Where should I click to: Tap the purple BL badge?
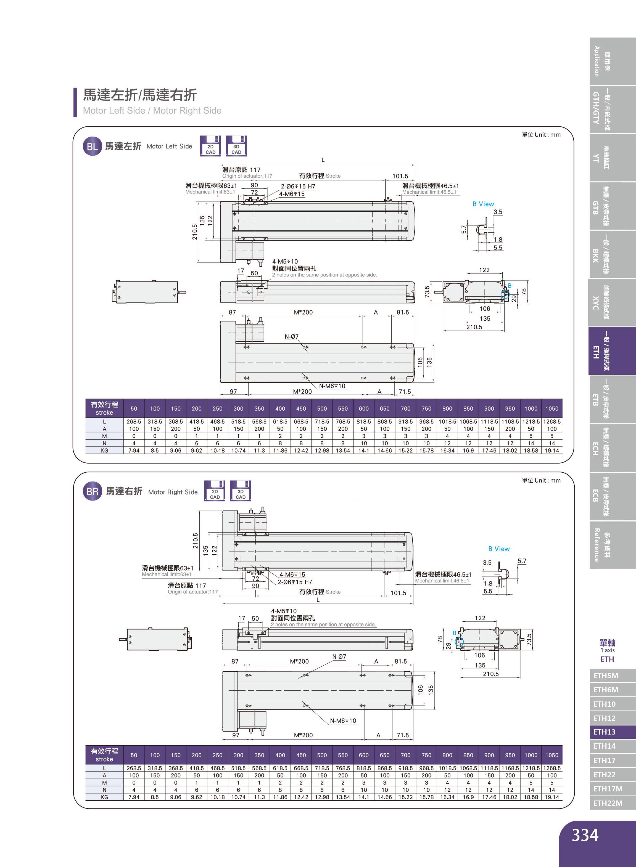tap(92, 146)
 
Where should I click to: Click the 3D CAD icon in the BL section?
tap(236, 146)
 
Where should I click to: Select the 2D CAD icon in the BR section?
tap(214, 491)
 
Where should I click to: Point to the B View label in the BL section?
tap(483, 204)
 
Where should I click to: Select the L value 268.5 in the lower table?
tap(134, 768)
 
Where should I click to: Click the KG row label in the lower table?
tap(104, 797)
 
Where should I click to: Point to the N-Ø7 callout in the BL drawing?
tap(291, 337)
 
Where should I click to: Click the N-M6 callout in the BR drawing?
tap(343, 720)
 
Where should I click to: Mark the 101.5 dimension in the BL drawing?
tap(400, 176)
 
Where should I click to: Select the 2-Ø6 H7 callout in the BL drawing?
tap(298, 187)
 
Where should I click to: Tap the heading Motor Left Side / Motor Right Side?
tap(152, 110)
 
